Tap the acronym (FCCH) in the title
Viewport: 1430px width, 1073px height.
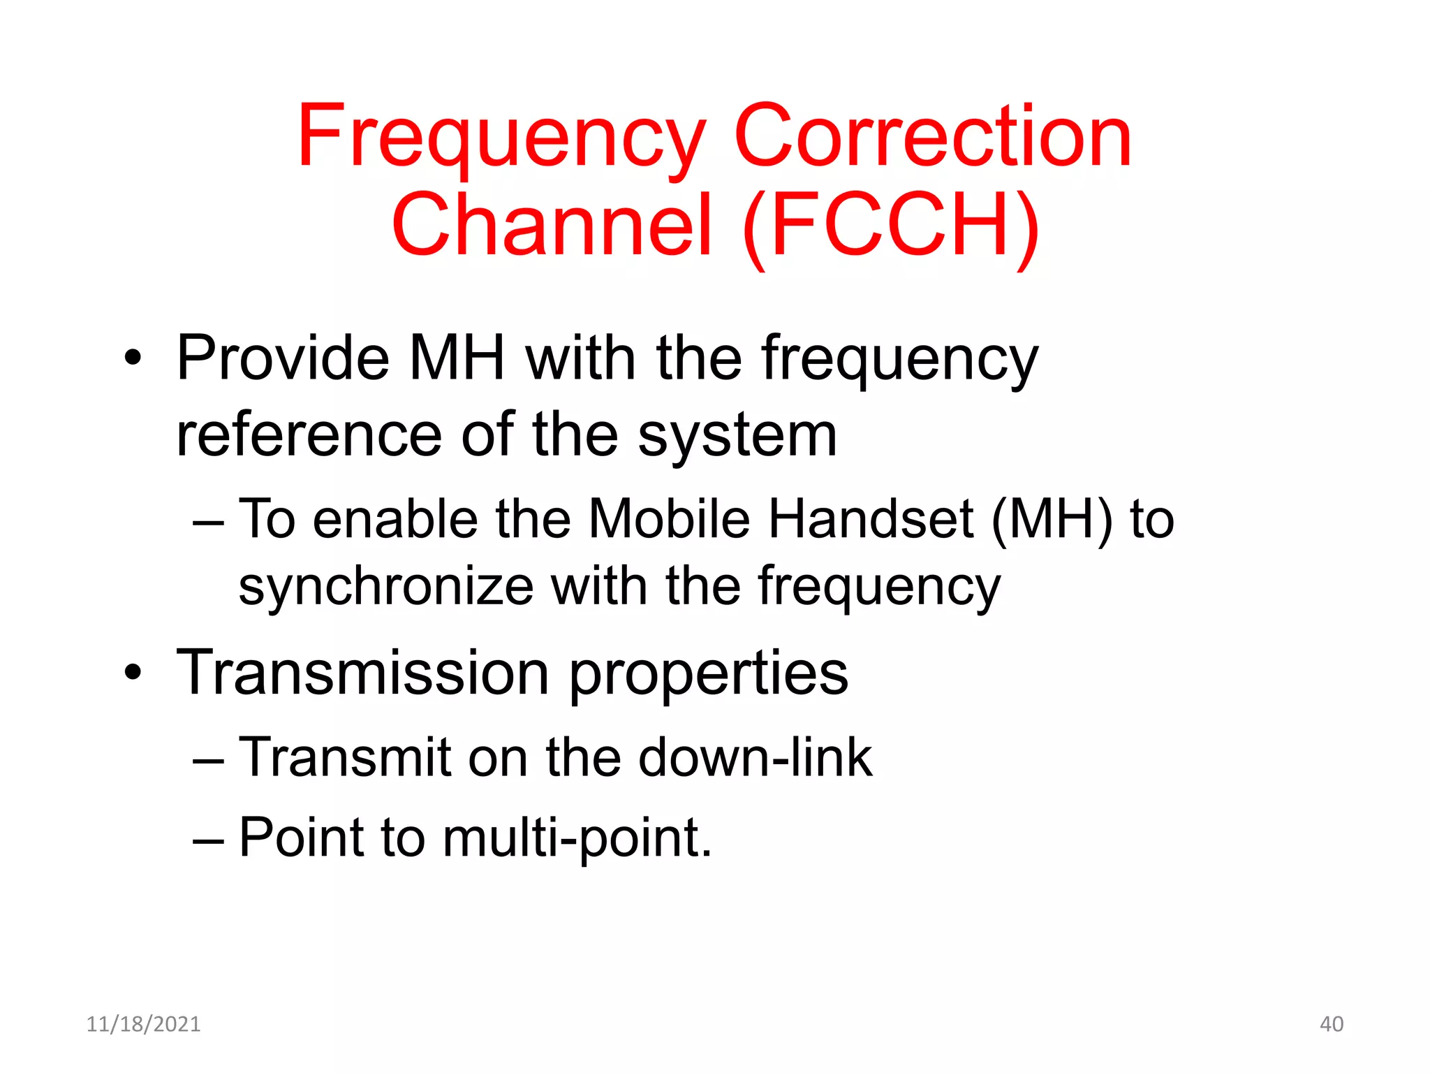(892, 226)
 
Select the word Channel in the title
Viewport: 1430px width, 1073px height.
(552, 226)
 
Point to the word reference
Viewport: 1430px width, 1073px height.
(309, 437)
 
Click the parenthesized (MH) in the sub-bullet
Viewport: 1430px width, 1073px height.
(1052, 520)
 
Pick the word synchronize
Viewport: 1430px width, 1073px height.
(386, 587)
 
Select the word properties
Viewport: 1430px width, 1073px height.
(709, 674)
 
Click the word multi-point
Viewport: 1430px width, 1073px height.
(577, 838)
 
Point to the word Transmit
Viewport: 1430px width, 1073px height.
(344, 757)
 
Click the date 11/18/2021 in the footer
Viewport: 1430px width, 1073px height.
(143, 1024)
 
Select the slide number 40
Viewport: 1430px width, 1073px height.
(1331, 1024)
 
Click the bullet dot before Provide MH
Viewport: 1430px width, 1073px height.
(133, 360)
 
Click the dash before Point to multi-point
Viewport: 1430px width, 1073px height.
(208, 839)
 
